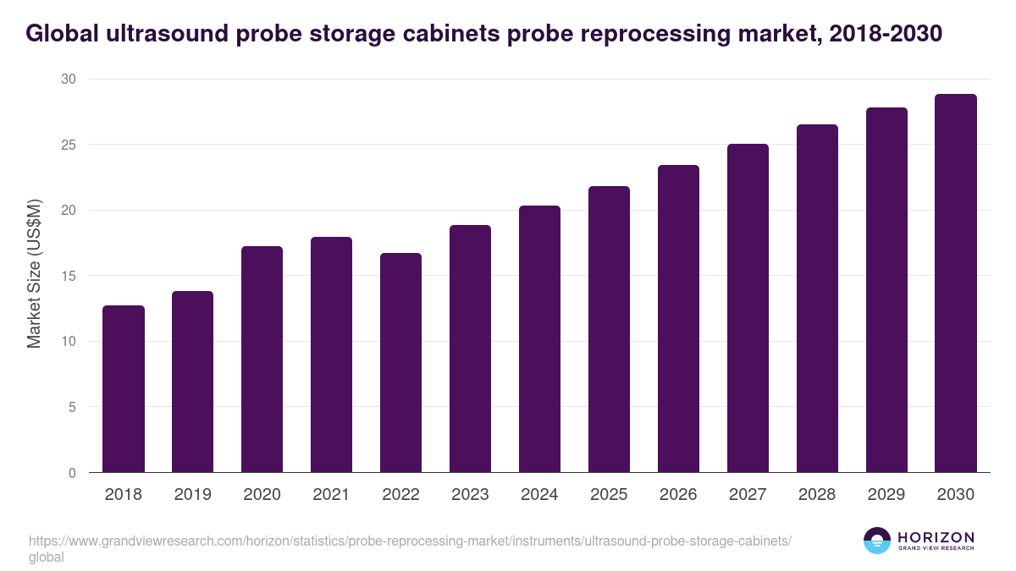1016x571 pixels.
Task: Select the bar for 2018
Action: [x=124, y=389]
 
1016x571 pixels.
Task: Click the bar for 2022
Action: [x=400, y=363]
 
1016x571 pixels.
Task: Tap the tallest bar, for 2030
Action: [x=956, y=283]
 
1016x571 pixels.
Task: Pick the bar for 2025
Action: [x=609, y=330]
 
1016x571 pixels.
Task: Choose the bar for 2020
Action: [x=262, y=360]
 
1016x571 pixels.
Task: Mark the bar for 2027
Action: [x=748, y=309]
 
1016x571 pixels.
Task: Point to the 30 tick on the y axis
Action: [x=69, y=80]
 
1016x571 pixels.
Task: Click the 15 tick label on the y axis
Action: [x=69, y=276]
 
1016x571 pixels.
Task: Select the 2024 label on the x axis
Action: [x=539, y=495]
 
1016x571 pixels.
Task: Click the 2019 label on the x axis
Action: [x=192, y=495]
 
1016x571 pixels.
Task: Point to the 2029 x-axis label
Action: [x=886, y=495]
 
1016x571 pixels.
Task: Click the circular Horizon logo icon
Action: [x=877, y=541]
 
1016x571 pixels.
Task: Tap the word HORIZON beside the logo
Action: [x=936, y=537]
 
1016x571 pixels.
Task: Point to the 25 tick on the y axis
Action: [x=69, y=145]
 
